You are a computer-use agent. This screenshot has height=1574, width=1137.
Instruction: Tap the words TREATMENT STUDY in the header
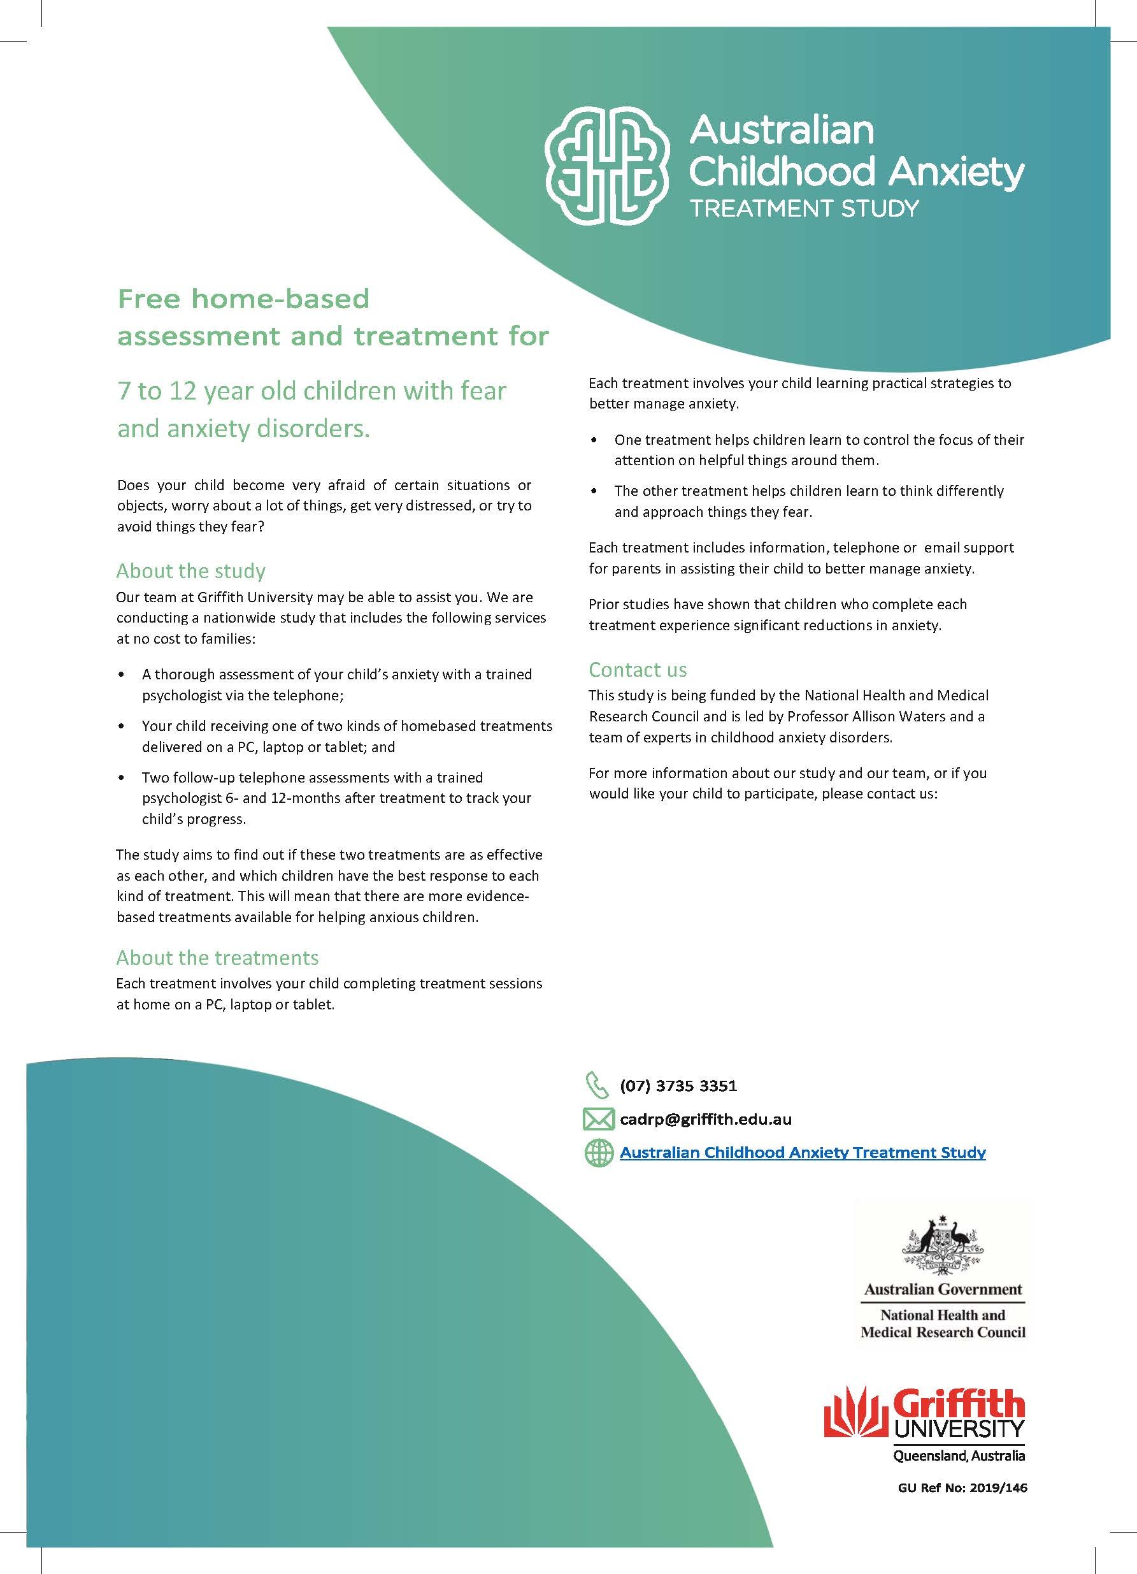click(804, 208)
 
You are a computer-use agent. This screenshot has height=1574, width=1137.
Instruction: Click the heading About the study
click(190, 571)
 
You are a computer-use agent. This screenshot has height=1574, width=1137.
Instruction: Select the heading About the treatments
click(217, 958)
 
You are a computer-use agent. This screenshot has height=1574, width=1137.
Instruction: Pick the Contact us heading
click(638, 670)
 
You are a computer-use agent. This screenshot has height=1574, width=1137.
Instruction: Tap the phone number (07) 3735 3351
click(678, 1085)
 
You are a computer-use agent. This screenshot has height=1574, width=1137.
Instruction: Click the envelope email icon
click(598, 1120)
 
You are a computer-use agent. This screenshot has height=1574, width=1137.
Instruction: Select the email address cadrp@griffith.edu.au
click(706, 1120)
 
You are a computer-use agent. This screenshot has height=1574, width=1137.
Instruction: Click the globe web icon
click(598, 1153)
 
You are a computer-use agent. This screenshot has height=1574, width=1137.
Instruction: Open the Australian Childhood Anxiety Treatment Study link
click(803, 1153)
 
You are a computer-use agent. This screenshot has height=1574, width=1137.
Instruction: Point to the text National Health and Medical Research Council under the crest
click(943, 1324)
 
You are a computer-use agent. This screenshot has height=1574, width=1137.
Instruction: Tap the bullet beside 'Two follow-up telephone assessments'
click(123, 778)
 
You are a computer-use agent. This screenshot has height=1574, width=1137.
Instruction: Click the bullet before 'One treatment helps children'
click(594, 440)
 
